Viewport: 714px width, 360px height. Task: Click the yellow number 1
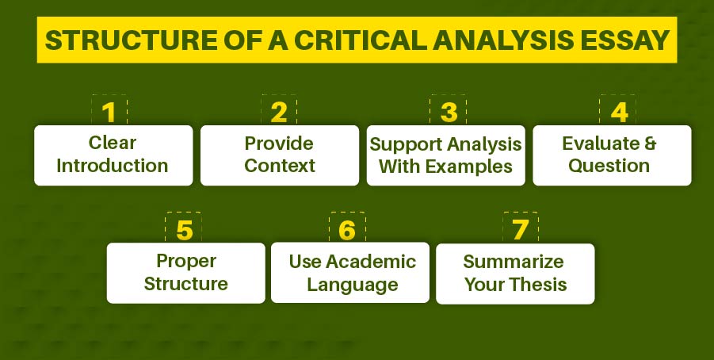(109, 113)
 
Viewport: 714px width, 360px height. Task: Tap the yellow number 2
(278, 113)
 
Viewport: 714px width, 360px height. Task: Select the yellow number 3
(449, 113)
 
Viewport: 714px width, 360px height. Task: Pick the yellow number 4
(618, 113)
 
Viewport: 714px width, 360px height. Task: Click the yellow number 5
(184, 230)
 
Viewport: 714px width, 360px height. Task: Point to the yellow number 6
(347, 230)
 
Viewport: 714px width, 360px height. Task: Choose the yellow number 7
(520, 230)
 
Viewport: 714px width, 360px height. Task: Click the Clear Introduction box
(113, 155)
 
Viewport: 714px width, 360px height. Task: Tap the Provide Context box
(279, 155)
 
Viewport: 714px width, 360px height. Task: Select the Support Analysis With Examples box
(445, 155)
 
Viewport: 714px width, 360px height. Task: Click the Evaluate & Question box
(611, 155)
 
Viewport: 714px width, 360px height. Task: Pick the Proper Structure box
(186, 272)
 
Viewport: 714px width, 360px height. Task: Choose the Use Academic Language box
(351, 272)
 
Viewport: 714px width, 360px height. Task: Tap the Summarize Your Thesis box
(515, 272)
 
